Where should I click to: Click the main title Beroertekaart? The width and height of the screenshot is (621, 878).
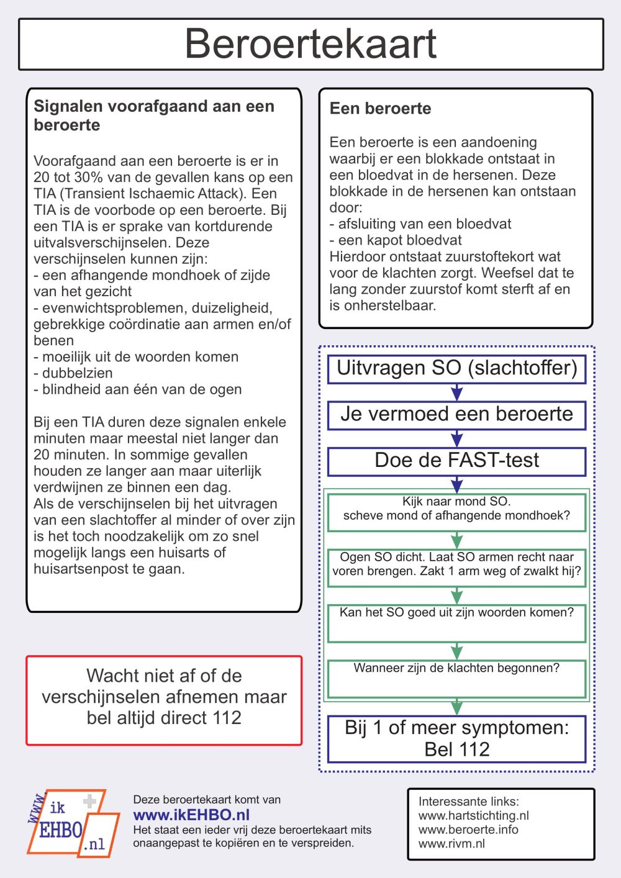coord(310,43)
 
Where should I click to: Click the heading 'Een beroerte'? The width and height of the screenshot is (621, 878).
coord(380,109)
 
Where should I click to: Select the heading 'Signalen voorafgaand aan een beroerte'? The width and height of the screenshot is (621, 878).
coord(153,115)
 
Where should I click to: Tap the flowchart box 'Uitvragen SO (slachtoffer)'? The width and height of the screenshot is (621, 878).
coord(456,368)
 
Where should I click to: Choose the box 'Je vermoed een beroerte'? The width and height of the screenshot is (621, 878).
coord(456,414)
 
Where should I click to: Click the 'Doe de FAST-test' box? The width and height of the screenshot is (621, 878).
coord(456,461)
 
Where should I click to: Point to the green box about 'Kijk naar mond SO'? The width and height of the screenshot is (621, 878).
coord(456,512)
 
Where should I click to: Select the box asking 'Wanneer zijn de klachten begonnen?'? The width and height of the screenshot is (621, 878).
coord(456,678)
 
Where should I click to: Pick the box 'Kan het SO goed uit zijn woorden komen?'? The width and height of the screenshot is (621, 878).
coord(456,623)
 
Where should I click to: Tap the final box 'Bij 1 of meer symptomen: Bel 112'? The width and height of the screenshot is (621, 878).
coord(456,738)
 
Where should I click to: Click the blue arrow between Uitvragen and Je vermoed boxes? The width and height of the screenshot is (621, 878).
coord(457,392)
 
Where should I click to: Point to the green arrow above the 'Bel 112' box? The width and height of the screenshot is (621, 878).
coord(457,707)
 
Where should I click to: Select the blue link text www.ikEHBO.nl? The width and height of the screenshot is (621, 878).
coord(191,815)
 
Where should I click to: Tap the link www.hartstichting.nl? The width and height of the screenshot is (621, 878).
coord(473,816)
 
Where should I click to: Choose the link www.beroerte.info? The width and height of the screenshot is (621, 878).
coord(468,830)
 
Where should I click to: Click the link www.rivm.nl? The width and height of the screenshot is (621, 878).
coord(451,844)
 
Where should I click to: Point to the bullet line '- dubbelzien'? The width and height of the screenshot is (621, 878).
coord(73,373)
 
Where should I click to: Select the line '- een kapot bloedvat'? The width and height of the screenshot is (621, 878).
coord(396,240)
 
